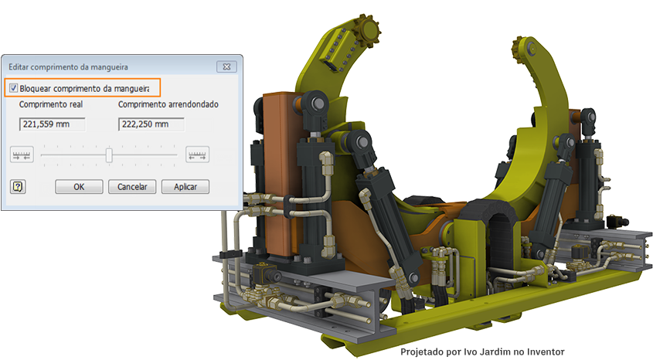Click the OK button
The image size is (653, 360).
tap(79, 187)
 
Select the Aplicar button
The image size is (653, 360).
tap(185, 187)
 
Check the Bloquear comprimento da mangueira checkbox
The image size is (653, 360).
tap(14, 88)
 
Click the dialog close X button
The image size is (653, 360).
tap(226, 66)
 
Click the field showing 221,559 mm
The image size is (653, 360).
tap(52, 124)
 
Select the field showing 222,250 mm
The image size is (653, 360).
tap(151, 124)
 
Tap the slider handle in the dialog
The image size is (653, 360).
tap(109, 155)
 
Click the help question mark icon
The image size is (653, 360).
tap(18, 186)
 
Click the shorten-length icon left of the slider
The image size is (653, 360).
tap(22, 155)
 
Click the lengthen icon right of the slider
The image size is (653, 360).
tap(197, 155)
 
